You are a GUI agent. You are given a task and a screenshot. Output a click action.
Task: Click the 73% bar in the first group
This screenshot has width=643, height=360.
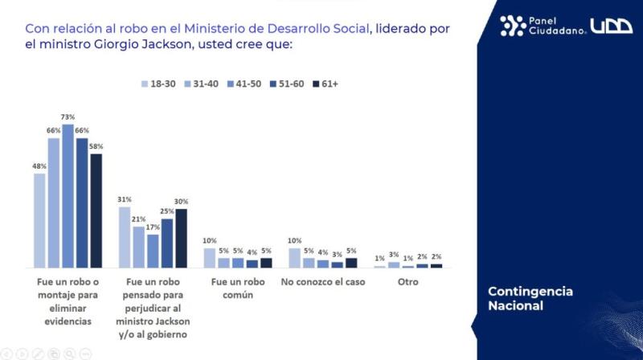[x=68, y=196]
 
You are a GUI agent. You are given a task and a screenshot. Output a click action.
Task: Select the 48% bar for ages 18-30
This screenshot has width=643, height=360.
[x=39, y=220]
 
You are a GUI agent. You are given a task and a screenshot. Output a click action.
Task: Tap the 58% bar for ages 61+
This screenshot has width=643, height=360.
[x=96, y=211]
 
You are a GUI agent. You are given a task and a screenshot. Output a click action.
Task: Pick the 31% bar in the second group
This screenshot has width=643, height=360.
[x=125, y=237]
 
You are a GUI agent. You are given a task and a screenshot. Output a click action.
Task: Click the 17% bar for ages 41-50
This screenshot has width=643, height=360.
[x=153, y=251]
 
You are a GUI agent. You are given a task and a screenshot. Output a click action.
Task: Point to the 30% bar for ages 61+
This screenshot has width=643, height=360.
[x=182, y=238]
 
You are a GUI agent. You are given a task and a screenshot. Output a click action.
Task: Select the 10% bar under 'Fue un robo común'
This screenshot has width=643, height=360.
[x=210, y=258]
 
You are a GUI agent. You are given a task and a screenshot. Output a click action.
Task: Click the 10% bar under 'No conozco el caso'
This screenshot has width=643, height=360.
[x=295, y=258]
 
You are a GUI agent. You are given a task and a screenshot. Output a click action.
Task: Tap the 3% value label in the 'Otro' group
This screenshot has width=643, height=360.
[x=394, y=254]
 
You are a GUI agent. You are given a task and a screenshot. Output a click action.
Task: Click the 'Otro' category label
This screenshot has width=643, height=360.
[x=408, y=282]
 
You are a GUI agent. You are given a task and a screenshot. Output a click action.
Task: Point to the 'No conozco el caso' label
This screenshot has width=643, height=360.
[x=322, y=282]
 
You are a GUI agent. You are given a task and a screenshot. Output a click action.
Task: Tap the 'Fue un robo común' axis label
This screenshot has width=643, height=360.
[x=238, y=288]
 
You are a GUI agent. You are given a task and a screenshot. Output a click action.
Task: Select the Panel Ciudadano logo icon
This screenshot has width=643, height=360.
[x=512, y=26]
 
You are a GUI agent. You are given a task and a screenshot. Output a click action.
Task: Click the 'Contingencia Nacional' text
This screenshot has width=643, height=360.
[x=530, y=298]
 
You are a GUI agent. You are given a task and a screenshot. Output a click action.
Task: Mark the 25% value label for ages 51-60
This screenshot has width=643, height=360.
[x=167, y=211]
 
